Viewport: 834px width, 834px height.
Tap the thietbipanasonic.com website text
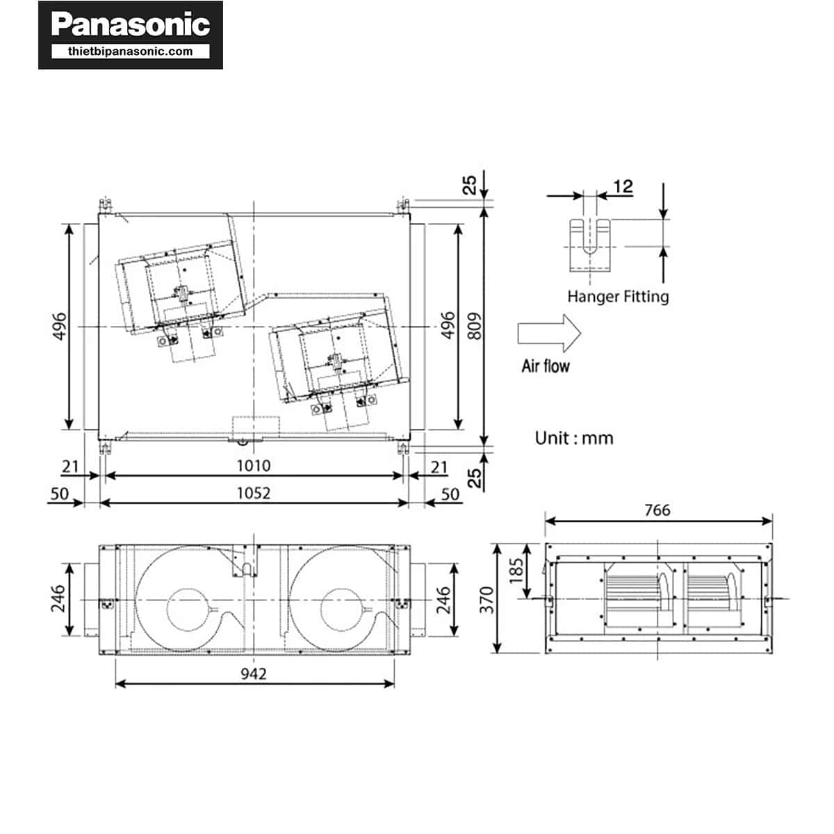pos(130,51)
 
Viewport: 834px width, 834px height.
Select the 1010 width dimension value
pos(253,466)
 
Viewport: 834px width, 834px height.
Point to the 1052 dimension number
pos(253,493)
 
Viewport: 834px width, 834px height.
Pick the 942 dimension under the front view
pos(253,673)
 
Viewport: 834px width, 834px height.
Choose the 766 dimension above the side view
pos(657,510)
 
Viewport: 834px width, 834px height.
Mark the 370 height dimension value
pos(487,599)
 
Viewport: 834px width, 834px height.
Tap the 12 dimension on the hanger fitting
pos(623,186)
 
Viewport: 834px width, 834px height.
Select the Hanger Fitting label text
pos(617,297)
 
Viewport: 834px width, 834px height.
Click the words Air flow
pos(546,366)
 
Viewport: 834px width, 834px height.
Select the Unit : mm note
pos(574,438)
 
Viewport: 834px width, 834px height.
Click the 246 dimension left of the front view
pos(58,598)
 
